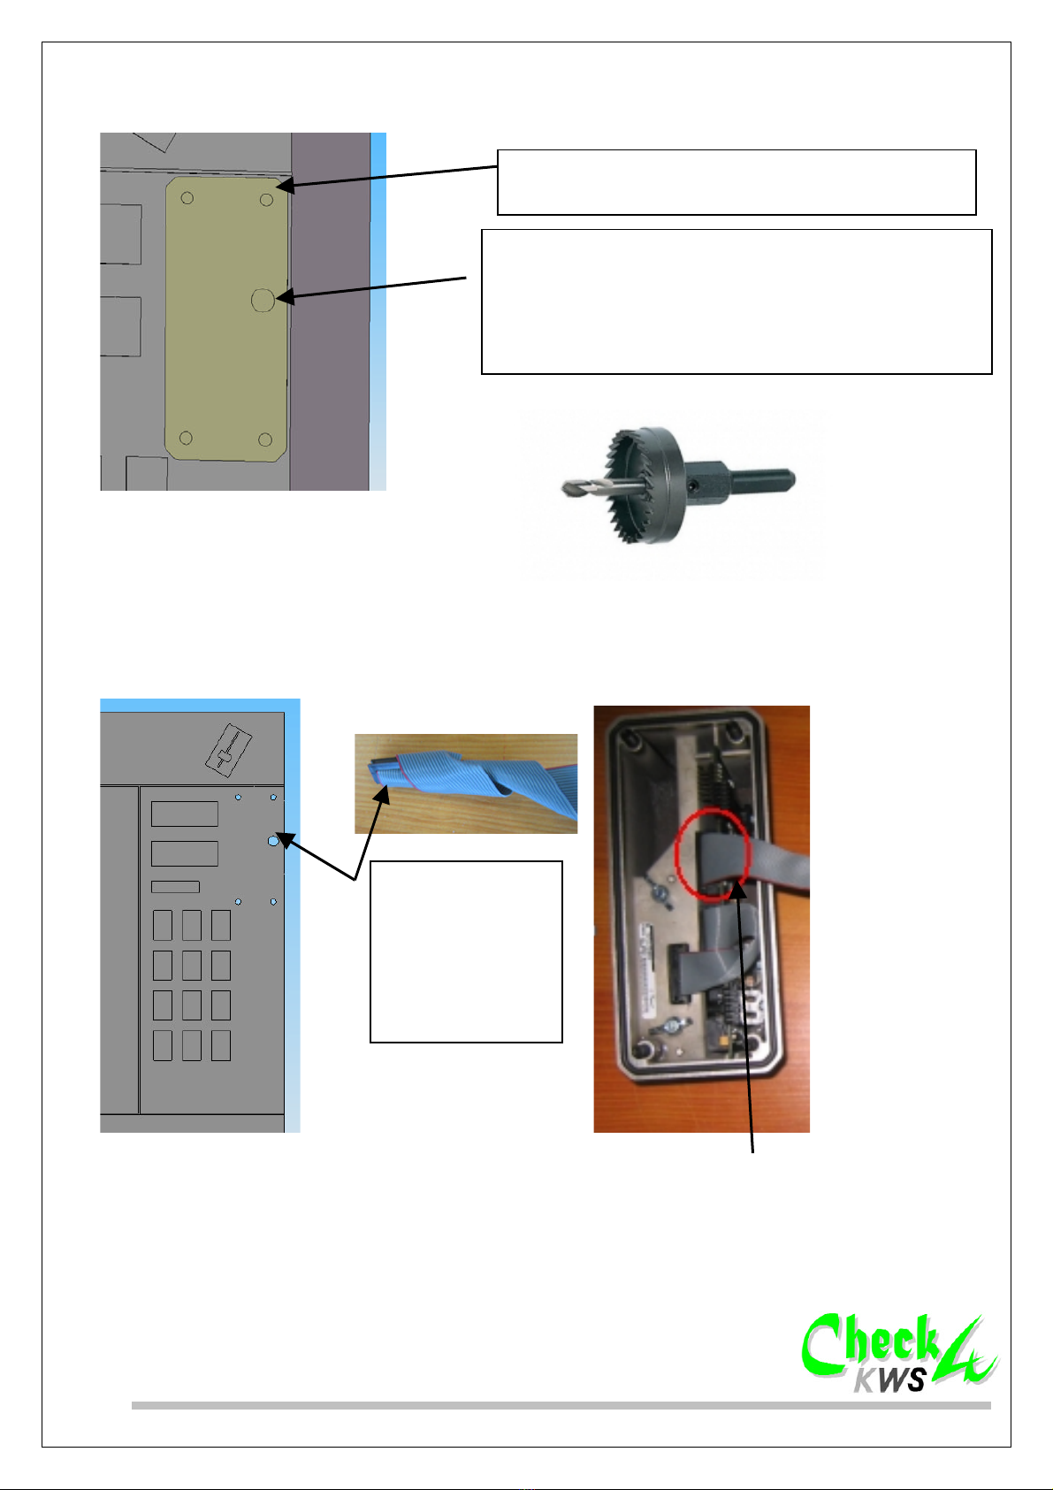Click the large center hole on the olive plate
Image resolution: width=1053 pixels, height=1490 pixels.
click(x=263, y=300)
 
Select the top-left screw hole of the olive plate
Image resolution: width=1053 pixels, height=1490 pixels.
click(x=187, y=198)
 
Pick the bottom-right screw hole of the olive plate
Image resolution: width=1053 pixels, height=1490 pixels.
click(x=264, y=439)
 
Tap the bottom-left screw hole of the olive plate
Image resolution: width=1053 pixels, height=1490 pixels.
click(x=186, y=438)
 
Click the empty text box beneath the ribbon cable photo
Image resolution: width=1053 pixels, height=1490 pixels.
click(x=466, y=951)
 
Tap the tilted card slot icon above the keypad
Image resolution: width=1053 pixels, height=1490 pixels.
click(x=228, y=751)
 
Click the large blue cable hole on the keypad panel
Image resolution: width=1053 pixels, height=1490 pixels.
click(x=272, y=841)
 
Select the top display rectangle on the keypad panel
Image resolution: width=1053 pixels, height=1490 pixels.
click(x=184, y=814)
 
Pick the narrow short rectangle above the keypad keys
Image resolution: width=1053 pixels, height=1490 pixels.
click(x=175, y=886)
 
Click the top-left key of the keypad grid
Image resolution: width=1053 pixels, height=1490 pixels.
click(x=163, y=925)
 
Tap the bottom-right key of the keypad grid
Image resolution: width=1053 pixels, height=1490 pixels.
click(x=221, y=1045)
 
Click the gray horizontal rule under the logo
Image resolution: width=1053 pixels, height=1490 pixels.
click(x=561, y=1405)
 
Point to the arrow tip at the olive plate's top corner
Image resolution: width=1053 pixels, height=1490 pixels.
click(x=277, y=187)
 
